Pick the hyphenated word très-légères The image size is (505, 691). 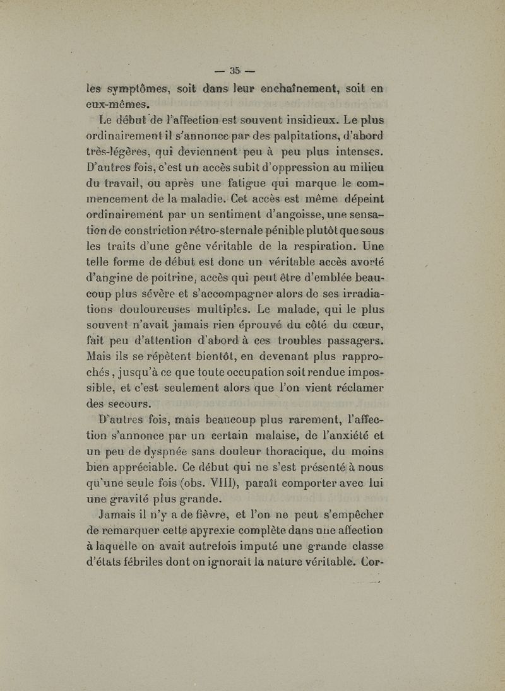[x=116, y=149]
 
